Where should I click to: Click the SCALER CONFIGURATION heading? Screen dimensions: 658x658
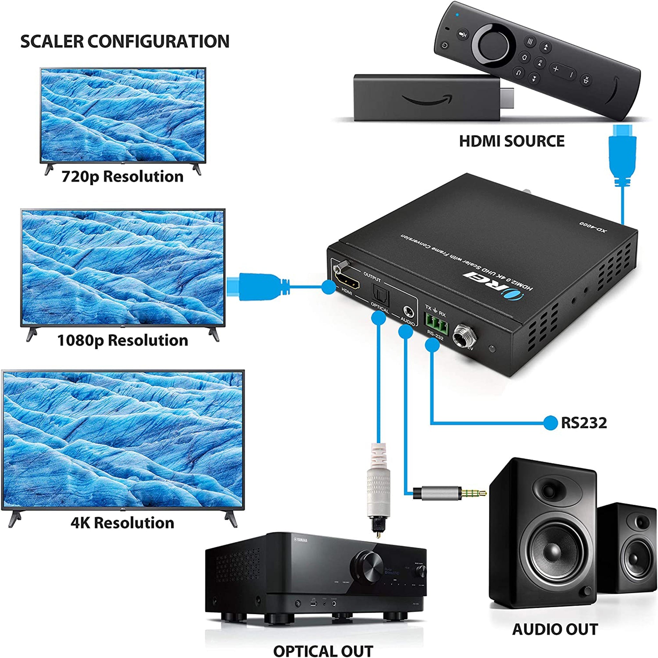point(125,41)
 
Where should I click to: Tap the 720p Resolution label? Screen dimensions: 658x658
point(122,176)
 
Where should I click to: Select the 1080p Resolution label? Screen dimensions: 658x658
point(122,340)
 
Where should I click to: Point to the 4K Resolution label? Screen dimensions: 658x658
point(122,523)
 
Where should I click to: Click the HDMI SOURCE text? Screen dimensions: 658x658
point(511,141)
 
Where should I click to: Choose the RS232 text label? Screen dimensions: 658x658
point(584,423)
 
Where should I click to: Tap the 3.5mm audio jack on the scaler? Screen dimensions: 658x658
point(408,311)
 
